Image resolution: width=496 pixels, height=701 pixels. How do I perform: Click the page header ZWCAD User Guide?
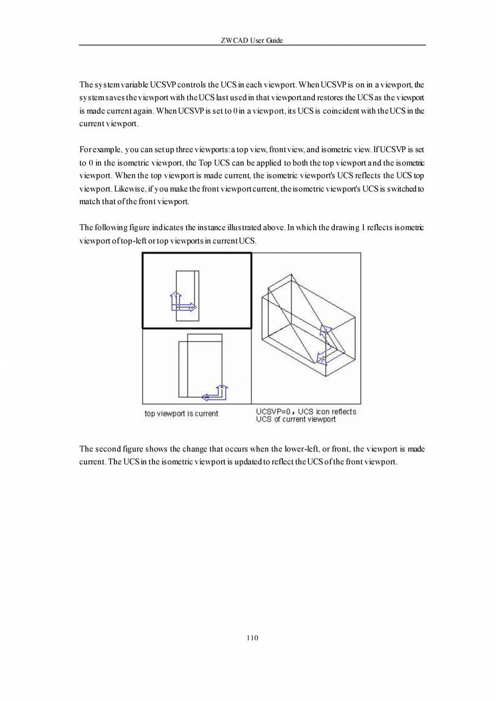pos(252,40)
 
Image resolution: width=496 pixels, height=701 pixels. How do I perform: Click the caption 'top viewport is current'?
pos(181,414)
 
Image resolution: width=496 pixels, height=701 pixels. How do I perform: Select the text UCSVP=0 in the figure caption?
pos(273,412)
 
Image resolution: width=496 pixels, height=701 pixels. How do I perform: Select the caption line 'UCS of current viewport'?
pos(295,420)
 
